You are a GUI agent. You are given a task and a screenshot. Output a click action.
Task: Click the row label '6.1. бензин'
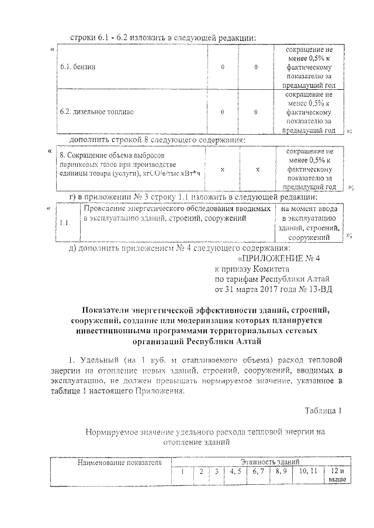pos(78,67)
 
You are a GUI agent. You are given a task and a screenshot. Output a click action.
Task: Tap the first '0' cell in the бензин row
pos(223,67)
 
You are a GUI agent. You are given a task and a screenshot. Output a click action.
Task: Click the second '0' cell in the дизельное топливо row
pos(256,111)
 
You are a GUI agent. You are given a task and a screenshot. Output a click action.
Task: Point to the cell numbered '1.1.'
pos(66,222)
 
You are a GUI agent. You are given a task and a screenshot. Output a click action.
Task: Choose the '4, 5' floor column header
pos(237,471)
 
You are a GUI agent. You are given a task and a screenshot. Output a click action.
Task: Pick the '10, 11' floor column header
pos(306,471)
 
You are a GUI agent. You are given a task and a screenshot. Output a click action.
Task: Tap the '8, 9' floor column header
pos(281,471)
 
